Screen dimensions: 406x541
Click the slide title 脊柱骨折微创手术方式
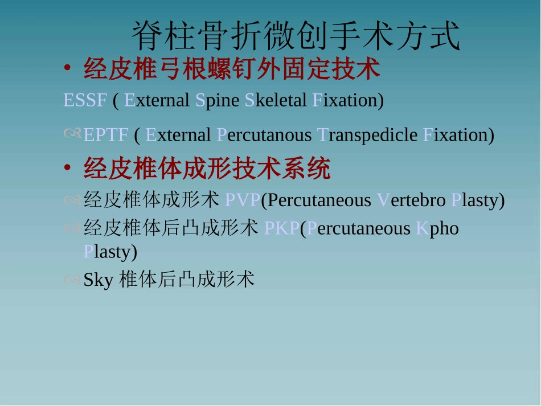point(296,37)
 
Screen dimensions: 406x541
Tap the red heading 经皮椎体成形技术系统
point(207,169)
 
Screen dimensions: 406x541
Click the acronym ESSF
point(85,101)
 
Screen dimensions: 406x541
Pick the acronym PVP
point(243,200)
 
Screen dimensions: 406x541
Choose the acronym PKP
point(282,229)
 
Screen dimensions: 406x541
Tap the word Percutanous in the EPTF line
point(264,136)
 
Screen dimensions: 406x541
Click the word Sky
point(99,280)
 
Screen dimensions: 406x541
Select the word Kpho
point(437,229)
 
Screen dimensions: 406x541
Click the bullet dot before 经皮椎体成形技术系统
point(67,169)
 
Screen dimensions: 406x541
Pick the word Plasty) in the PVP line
point(478,200)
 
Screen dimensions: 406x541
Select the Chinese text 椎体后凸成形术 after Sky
point(187,280)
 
